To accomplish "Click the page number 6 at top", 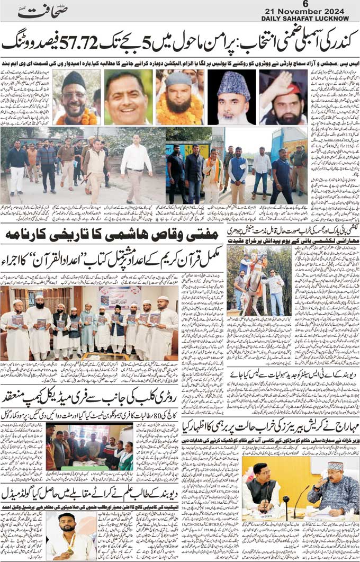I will [x=304, y=4].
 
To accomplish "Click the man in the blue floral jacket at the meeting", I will [x=334, y=490].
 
